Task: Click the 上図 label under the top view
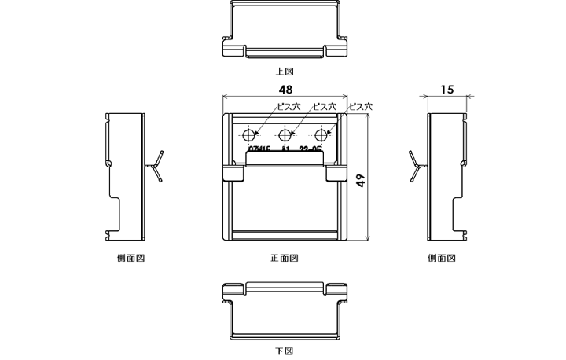284,72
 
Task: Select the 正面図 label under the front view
284,258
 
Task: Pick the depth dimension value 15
447,90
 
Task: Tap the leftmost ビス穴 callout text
287,106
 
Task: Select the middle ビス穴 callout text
324,106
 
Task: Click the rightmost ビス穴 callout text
360,106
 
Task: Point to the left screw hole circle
249,133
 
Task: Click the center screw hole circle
285,133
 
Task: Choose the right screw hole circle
321,133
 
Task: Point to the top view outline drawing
285,31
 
